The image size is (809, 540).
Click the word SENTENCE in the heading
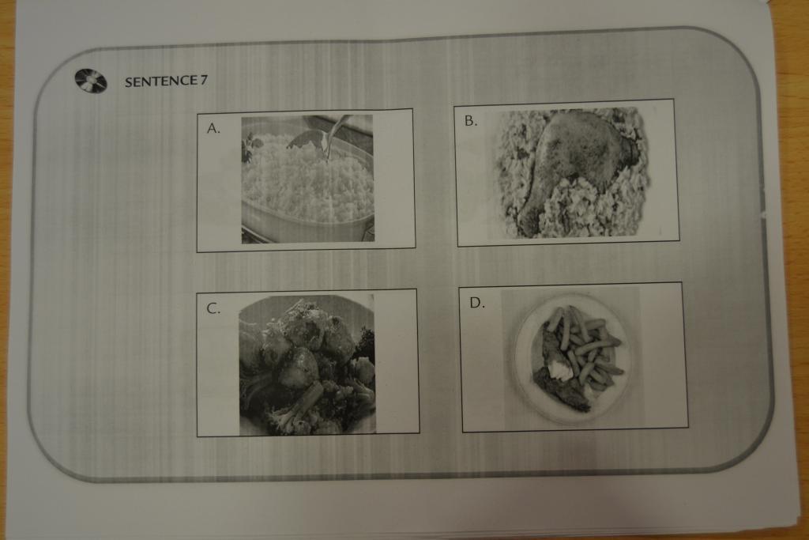point(161,81)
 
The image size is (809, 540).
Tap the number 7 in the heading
point(204,80)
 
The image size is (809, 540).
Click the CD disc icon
point(91,81)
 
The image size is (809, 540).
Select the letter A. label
point(213,128)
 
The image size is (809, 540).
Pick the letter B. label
point(471,121)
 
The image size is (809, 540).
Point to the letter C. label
point(213,308)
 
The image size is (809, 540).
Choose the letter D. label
point(476,303)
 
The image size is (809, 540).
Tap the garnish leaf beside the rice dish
point(250,145)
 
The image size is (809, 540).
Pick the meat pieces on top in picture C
point(304,341)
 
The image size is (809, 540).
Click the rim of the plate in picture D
point(518,357)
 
